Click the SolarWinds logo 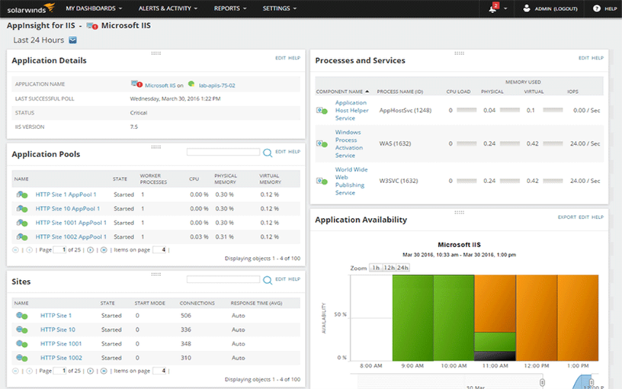click(31, 8)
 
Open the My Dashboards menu click(94, 8)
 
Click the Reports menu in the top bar click(229, 8)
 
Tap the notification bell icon click(493, 8)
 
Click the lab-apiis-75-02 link click(216, 85)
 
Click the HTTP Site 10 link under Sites click(58, 330)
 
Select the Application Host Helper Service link click(351, 111)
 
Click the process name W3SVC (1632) click(400, 181)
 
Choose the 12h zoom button click(390, 268)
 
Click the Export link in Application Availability click(566, 217)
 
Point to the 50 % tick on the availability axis click(341, 314)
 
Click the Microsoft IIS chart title click(458, 245)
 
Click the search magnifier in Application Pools click(267, 153)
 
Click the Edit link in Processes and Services click(584, 58)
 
